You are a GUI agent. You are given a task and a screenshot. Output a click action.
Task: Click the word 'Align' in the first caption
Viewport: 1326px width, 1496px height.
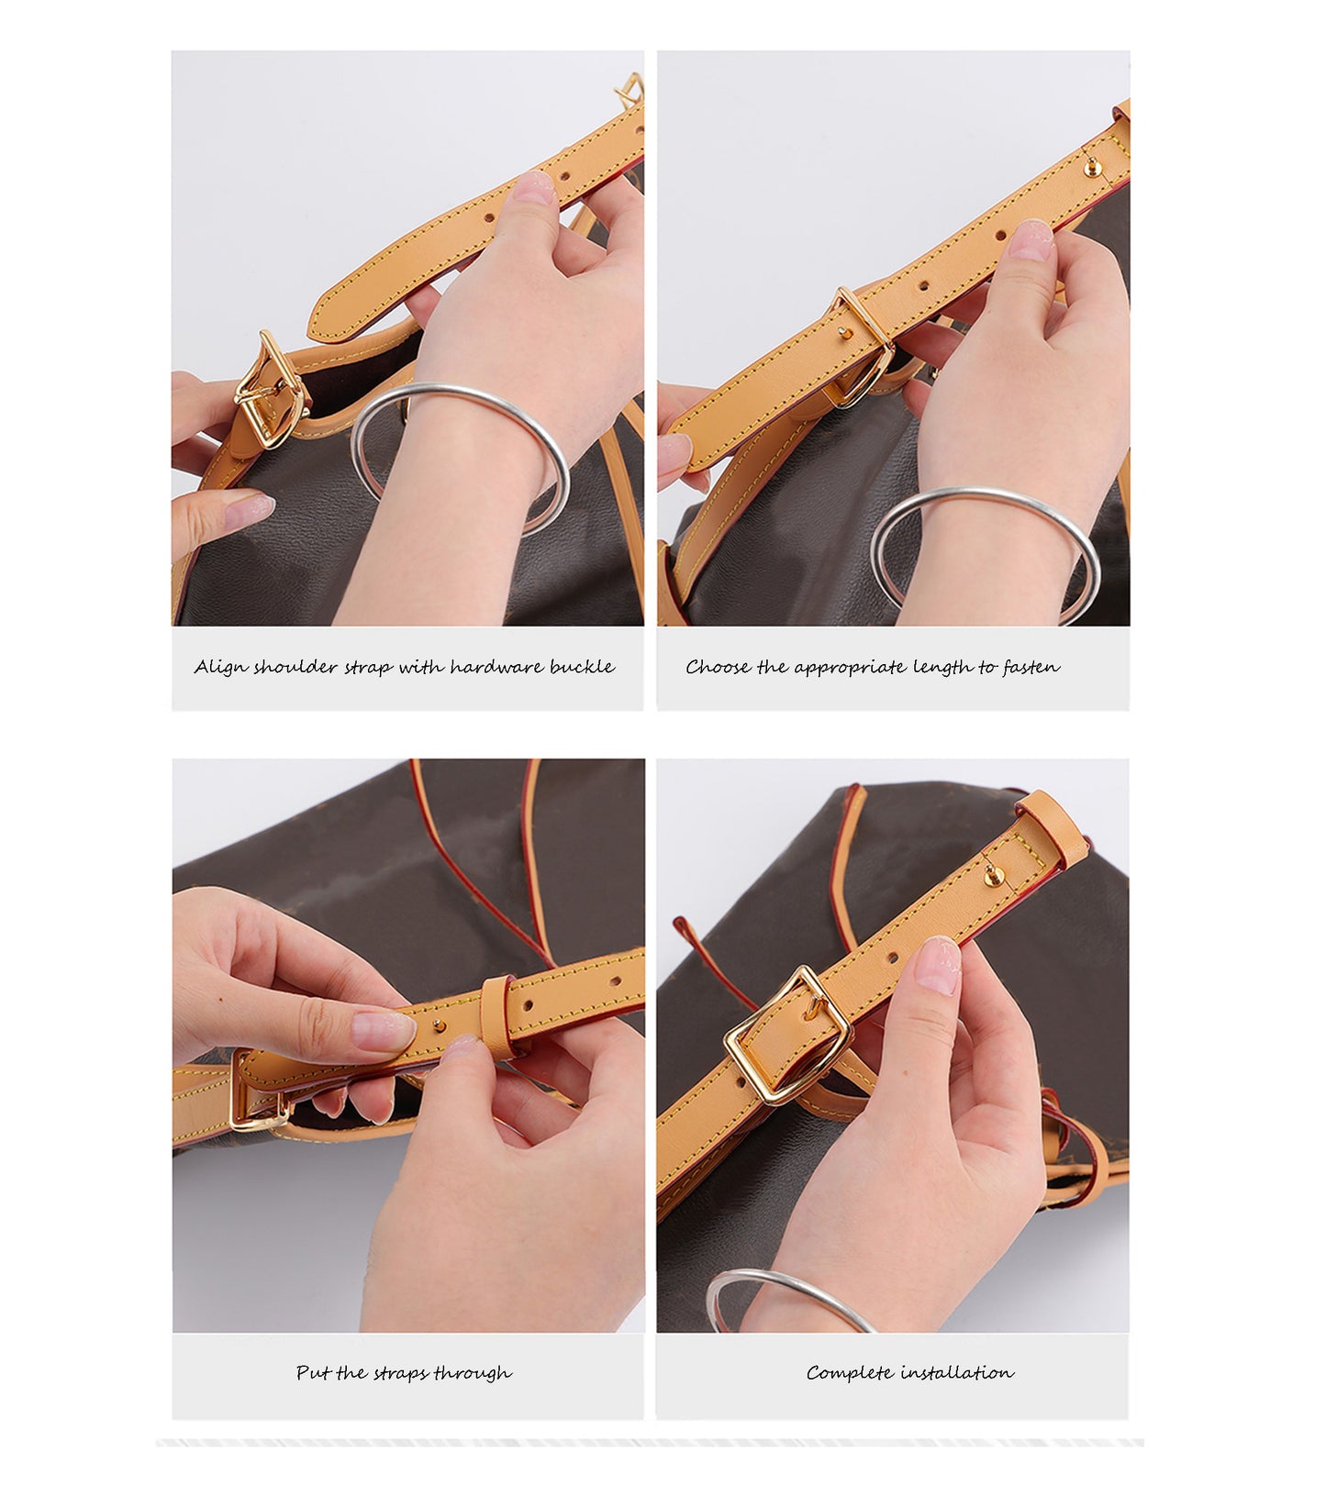220,667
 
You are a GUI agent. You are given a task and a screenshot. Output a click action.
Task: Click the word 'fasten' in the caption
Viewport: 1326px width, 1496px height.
1031,667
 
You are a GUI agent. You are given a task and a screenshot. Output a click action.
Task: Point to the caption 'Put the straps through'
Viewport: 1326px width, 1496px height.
404,1373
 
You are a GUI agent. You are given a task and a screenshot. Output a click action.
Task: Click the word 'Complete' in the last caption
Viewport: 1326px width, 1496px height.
849,1373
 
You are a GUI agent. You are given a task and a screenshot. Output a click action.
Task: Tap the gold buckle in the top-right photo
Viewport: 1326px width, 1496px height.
863,349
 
